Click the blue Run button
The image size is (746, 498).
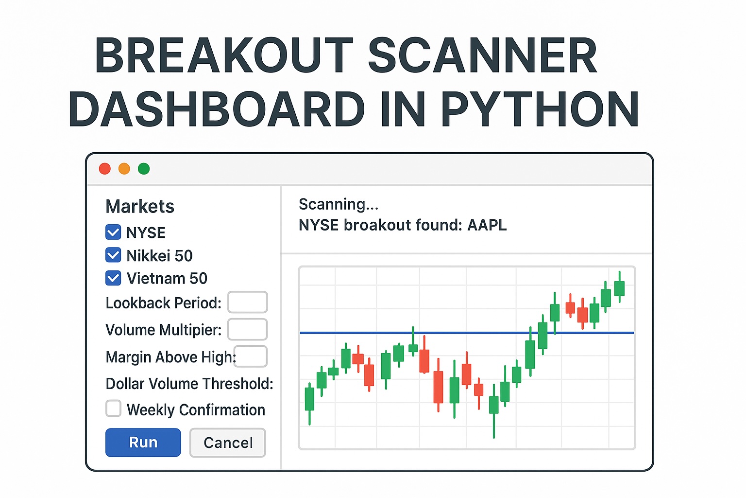point(143,442)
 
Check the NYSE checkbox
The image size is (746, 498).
point(113,232)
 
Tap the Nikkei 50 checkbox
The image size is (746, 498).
point(113,255)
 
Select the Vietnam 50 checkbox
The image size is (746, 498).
point(113,278)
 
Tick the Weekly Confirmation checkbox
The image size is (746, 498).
point(113,409)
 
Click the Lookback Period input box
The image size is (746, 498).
point(248,302)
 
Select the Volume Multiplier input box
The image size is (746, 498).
point(248,329)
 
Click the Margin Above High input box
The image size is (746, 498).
point(251,356)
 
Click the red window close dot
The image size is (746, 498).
point(104,169)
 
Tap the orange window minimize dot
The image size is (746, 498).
point(124,169)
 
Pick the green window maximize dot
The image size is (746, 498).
point(144,169)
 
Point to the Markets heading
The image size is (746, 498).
point(140,206)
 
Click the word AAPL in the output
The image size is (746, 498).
point(487,225)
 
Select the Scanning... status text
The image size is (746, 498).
point(338,204)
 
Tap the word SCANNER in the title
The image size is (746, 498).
point(482,55)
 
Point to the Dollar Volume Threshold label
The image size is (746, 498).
point(189,384)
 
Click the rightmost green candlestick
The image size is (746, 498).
point(619,288)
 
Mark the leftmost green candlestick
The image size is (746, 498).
point(309,399)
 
